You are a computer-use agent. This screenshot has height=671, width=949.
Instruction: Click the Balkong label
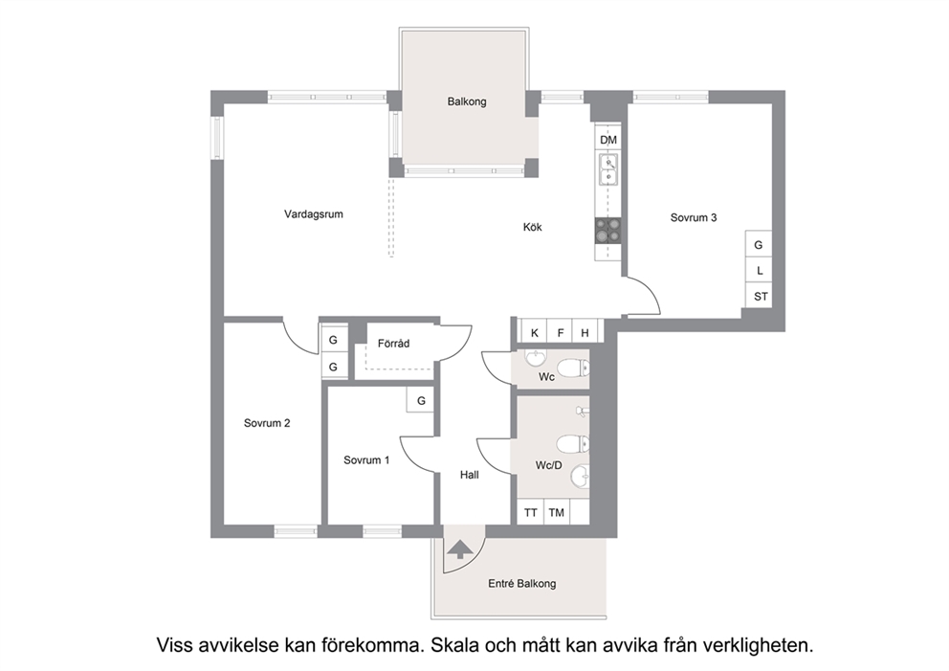[467, 101]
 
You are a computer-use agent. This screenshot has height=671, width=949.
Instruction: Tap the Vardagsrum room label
[314, 213]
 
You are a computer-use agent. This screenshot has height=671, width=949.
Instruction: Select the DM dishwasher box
[608, 140]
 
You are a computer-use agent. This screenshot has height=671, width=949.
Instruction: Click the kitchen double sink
[608, 169]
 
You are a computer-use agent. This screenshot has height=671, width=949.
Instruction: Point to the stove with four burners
[608, 230]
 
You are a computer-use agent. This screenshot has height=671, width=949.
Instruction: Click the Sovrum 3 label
[694, 217]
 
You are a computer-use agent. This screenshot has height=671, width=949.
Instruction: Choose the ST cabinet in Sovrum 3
[759, 296]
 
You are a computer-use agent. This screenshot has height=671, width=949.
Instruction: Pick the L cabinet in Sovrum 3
[759, 270]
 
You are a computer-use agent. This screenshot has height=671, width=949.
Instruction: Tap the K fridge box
[534, 332]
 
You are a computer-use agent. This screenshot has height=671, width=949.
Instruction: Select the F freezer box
[560, 332]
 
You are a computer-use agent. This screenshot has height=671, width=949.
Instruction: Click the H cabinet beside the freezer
[585, 332]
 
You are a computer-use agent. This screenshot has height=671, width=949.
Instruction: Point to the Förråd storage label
[393, 344]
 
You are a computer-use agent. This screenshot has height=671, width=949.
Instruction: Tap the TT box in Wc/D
[531, 512]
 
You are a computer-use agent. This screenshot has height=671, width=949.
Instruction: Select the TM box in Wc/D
[557, 512]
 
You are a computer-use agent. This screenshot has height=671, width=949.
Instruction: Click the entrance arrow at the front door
[461, 549]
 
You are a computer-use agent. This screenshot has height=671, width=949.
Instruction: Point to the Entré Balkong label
[521, 584]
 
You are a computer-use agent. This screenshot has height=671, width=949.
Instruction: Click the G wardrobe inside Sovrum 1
[421, 400]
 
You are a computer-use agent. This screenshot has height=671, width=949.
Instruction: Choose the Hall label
[469, 475]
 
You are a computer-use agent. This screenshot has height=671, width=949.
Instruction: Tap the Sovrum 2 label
[267, 423]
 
